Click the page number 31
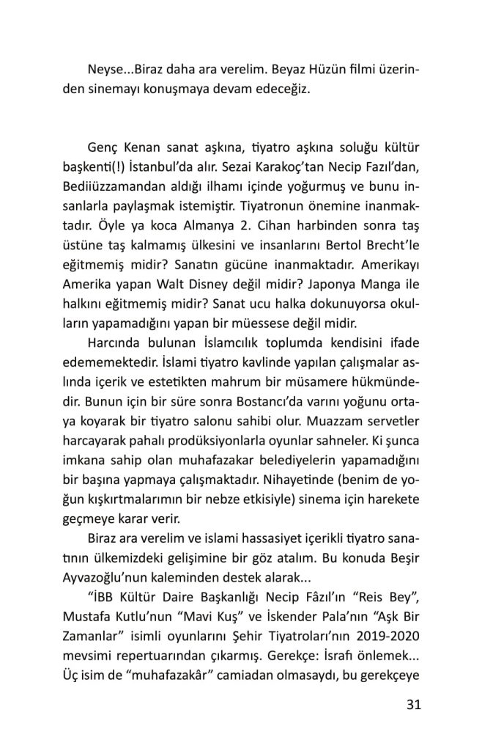(x=412, y=706)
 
